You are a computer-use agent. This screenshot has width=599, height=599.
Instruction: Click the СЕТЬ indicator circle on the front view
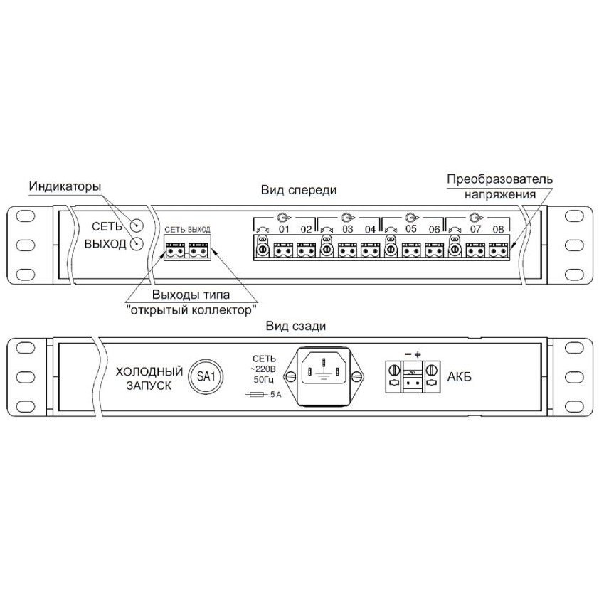click(137, 226)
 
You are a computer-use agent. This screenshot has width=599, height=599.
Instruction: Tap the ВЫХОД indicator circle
click(137, 244)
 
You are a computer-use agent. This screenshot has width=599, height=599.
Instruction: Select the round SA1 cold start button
click(206, 376)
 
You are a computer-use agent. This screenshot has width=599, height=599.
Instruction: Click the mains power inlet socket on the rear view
click(324, 376)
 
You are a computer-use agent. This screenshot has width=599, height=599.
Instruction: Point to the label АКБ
click(459, 377)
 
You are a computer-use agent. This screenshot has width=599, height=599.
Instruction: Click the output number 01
click(284, 230)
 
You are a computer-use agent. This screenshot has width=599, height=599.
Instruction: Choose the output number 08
click(498, 230)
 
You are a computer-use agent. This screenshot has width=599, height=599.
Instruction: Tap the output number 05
click(411, 229)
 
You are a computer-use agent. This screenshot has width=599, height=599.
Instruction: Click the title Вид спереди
click(299, 190)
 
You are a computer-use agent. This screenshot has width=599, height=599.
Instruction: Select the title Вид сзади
click(296, 327)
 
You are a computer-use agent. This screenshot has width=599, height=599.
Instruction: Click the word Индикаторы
click(65, 186)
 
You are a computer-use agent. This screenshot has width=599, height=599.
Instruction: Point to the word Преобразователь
click(499, 179)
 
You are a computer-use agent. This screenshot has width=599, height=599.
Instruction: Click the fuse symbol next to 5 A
click(257, 395)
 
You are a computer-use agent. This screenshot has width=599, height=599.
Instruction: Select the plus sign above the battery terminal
click(418, 354)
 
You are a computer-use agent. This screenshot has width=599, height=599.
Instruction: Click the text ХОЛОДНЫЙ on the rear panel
click(149, 371)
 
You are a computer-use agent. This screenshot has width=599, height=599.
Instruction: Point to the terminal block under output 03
click(347, 250)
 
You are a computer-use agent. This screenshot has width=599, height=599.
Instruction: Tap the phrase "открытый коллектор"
click(191, 309)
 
